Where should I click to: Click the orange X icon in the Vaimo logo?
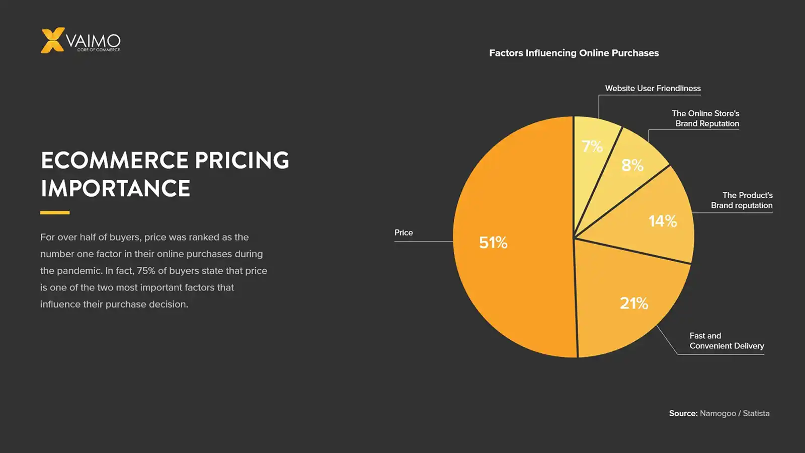tap(52, 40)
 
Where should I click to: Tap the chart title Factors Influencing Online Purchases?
tap(574, 53)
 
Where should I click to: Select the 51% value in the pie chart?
tap(493, 243)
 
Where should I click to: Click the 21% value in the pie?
tap(634, 303)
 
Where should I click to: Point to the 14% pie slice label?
tap(663, 221)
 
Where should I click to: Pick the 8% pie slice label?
tap(632, 165)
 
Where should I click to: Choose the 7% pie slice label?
tap(592, 146)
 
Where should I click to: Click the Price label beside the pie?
tap(404, 233)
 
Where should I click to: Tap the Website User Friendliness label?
tap(653, 88)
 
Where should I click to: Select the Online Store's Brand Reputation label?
tap(706, 118)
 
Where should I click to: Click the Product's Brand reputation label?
tap(742, 200)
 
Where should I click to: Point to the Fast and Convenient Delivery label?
tap(727, 341)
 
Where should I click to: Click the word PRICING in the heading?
tap(242, 161)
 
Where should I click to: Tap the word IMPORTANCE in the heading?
tap(116, 189)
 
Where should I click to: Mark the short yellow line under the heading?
tap(55, 212)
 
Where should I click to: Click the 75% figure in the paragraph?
tap(146, 271)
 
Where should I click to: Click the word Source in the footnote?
tap(683, 413)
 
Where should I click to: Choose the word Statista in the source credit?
tap(756, 413)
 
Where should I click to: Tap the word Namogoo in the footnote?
tap(718, 413)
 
